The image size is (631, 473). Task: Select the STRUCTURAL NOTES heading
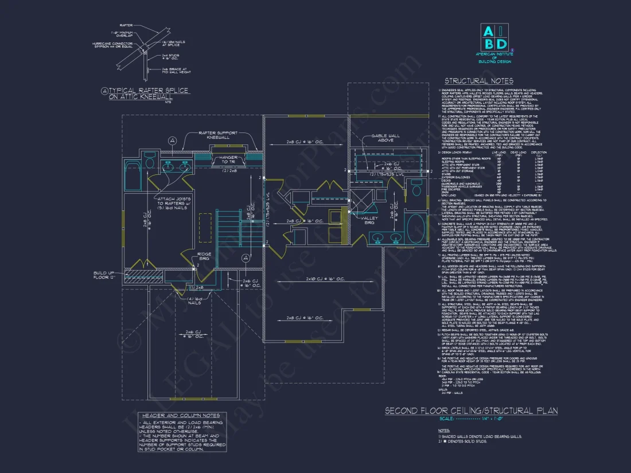pyautogui.click(x=478, y=81)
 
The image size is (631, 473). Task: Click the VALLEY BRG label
pyautogui.click(x=365, y=220)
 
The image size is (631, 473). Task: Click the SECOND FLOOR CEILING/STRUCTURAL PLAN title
pyautogui.click(x=470, y=411)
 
